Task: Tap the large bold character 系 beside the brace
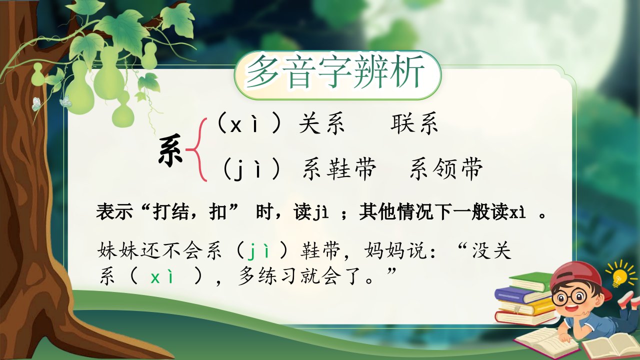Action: pyautogui.click(x=170, y=150)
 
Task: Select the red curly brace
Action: pyautogui.click(x=197, y=150)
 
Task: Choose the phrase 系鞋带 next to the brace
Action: pyautogui.click(x=339, y=169)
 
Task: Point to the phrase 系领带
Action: pyautogui.click(x=446, y=169)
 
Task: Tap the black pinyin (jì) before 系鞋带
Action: pyautogui.click(x=251, y=168)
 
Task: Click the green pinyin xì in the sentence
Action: pyautogui.click(x=162, y=276)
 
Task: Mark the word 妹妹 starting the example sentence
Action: pyautogui.click(x=119, y=251)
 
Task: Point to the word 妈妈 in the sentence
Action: pyautogui.click(x=385, y=251)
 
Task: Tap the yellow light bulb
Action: pyautogui.click(x=620, y=275)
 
